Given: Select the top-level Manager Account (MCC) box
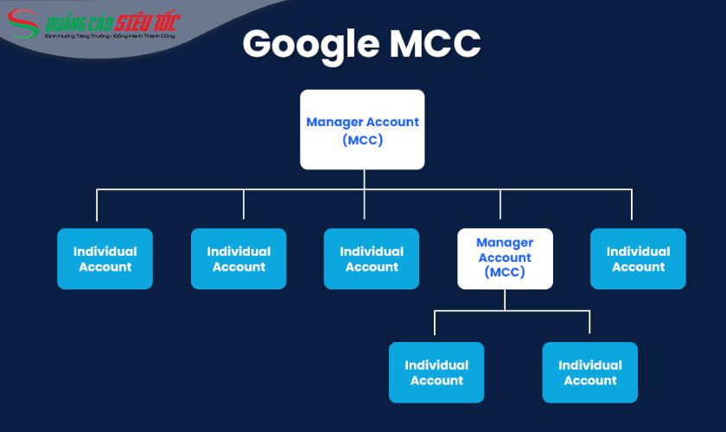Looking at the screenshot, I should (362, 130).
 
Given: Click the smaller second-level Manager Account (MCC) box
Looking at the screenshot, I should (505, 258).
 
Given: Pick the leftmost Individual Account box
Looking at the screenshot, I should (105, 258).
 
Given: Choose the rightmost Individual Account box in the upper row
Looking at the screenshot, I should (638, 258).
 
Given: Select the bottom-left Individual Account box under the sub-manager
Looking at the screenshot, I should (436, 372).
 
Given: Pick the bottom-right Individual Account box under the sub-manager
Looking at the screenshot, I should (590, 372).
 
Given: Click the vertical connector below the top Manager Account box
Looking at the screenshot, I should (364, 179).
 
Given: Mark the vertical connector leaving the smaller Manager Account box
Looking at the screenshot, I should (505, 299).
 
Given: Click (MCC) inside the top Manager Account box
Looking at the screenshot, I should (362, 139).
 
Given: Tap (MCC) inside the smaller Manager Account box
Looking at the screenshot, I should (505, 272).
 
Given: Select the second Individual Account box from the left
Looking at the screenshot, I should (239, 258).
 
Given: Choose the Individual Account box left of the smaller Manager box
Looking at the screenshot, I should (372, 258).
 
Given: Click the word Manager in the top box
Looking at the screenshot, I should (335, 122).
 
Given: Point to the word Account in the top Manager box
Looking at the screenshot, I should (393, 122).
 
